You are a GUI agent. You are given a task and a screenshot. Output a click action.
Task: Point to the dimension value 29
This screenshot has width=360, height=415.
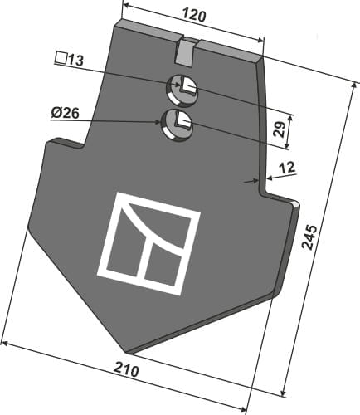[x=280, y=129]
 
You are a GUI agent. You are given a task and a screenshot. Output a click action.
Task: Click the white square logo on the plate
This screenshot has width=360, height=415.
[x=149, y=242]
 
